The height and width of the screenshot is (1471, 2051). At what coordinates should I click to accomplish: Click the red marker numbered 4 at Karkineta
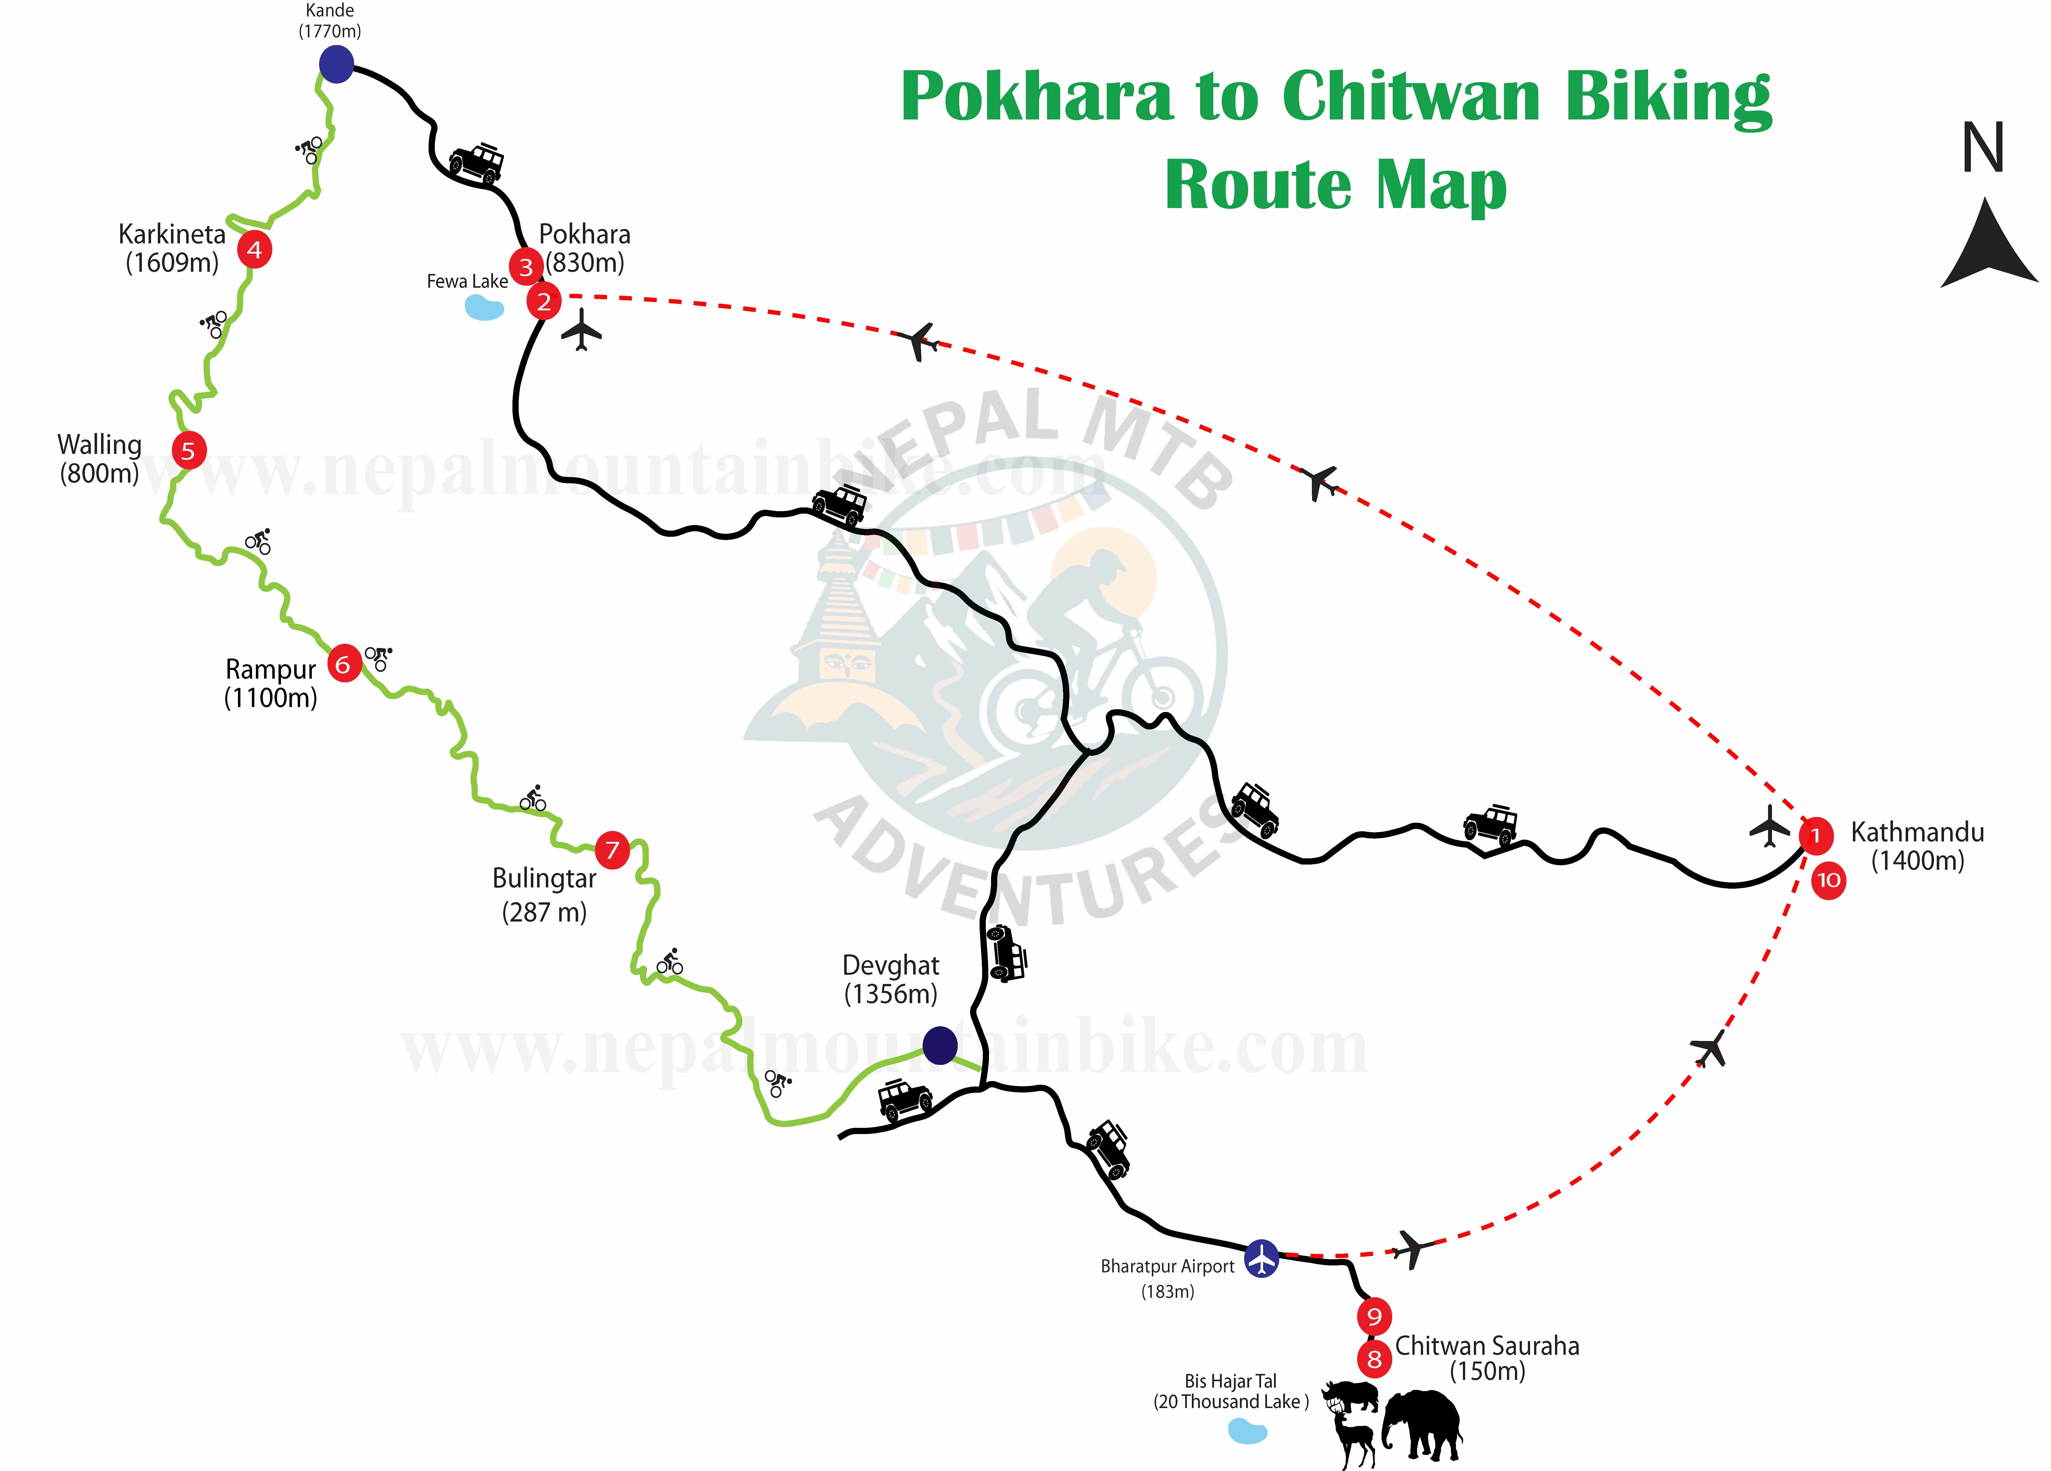[254, 250]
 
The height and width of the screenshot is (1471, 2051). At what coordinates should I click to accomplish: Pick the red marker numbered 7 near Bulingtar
[612, 850]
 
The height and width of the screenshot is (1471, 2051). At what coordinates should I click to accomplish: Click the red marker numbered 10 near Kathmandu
[1829, 880]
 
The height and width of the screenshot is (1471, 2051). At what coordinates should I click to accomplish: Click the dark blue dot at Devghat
[940, 1045]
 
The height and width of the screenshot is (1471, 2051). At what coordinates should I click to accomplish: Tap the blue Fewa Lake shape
[484, 307]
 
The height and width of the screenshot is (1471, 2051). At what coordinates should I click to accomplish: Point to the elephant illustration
[1422, 1424]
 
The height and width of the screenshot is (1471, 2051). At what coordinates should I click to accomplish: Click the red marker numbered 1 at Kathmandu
[1815, 835]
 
